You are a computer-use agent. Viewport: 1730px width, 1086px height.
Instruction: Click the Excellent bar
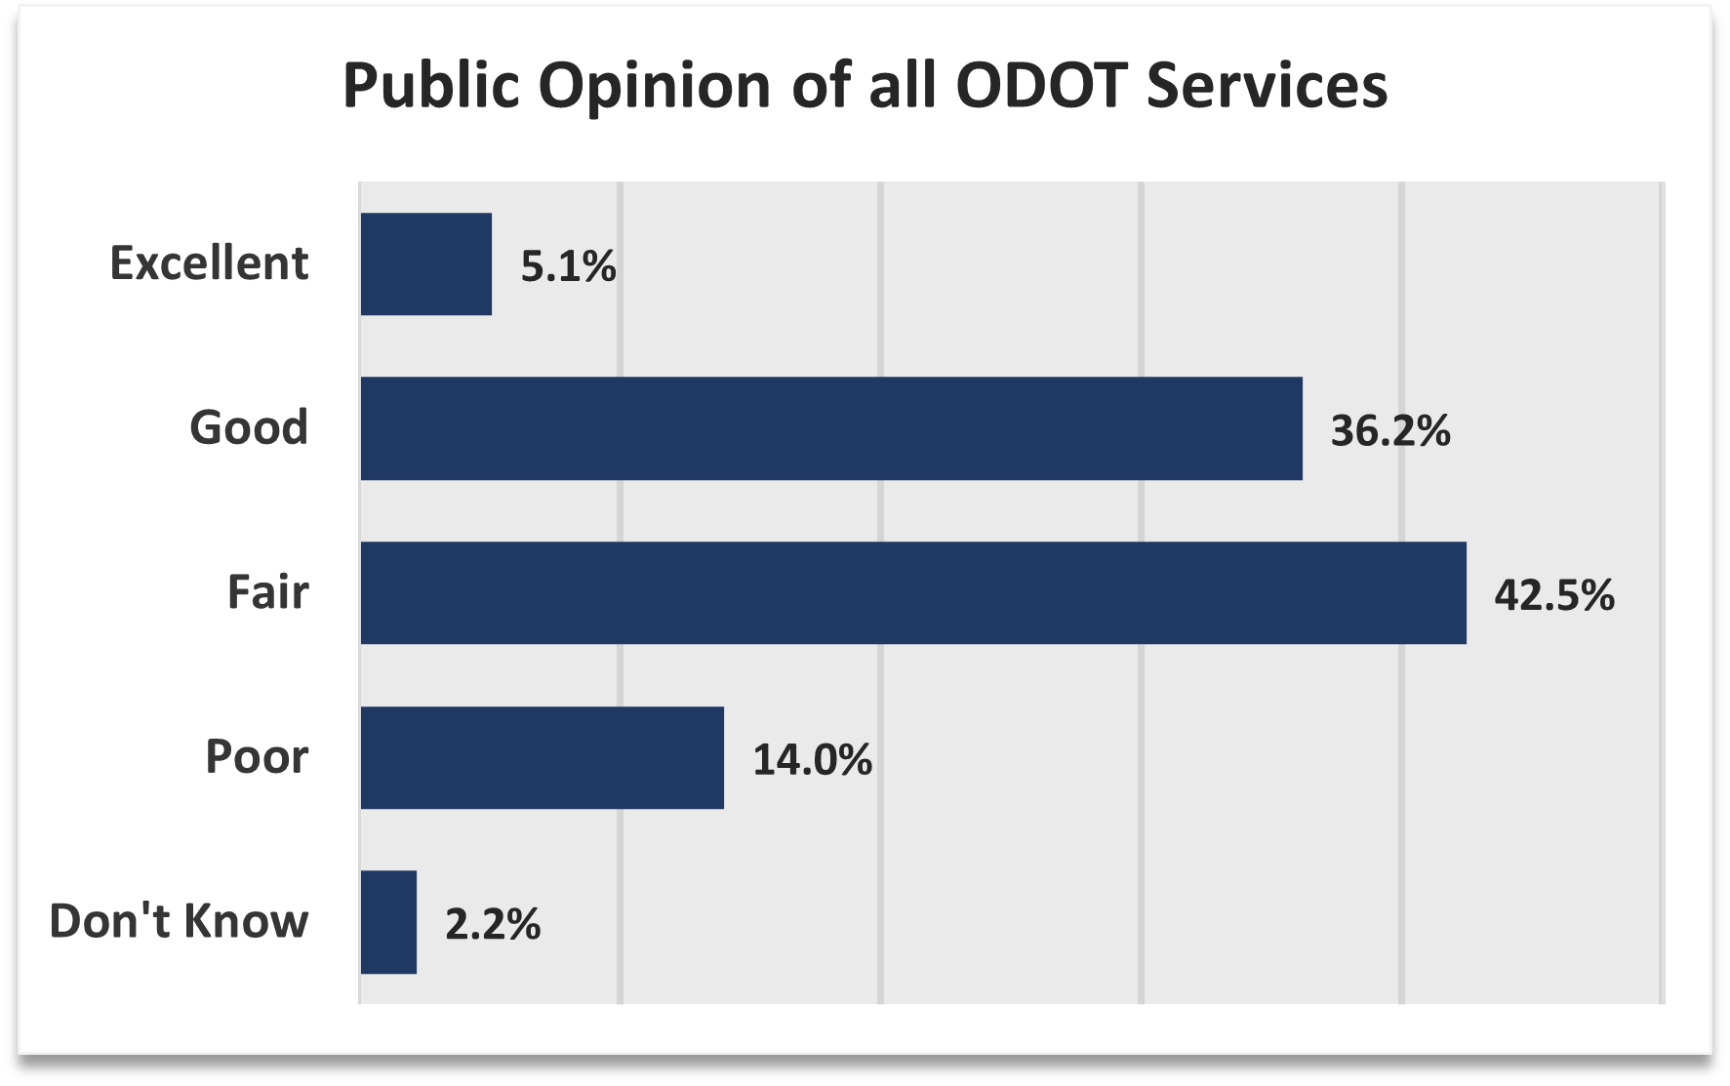coord(426,264)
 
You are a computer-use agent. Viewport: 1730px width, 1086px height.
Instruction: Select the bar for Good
coord(831,428)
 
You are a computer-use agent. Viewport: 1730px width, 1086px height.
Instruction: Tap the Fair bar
coord(913,593)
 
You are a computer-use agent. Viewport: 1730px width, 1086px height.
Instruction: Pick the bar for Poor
coord(543,758)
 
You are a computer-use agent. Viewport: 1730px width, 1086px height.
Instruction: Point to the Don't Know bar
coord(388,922)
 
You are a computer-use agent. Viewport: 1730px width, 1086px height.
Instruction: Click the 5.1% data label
coord(568,266)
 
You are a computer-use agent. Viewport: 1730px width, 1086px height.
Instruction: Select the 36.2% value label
coord(1390,430)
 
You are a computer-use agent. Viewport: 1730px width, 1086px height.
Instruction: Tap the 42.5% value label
coord(1554,595)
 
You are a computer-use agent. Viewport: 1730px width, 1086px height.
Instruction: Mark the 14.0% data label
coord(812,759)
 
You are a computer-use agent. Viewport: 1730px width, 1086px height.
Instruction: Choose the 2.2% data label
coord(493,924)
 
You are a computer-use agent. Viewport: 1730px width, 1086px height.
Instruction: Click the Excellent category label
coord(209,263)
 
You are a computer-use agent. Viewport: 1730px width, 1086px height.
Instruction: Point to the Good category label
coord(249,427)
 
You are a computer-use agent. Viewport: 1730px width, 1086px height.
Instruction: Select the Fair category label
coord(267,592)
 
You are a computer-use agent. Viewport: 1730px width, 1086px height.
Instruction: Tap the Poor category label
coord(257,757)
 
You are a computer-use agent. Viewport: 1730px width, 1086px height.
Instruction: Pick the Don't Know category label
coord(179,921)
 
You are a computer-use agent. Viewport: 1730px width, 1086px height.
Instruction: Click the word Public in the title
coord(432,86)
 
